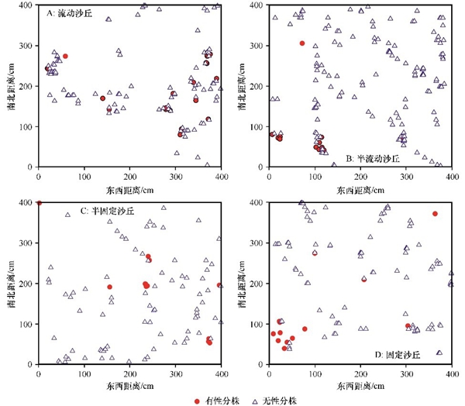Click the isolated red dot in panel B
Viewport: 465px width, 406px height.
click(302, 43)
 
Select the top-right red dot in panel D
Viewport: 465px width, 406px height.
click(436, 214)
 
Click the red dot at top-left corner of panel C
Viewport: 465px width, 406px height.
click(39, 203)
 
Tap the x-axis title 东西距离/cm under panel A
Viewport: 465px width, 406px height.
click(129, 189)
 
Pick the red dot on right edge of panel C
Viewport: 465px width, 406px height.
click(219, 285)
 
